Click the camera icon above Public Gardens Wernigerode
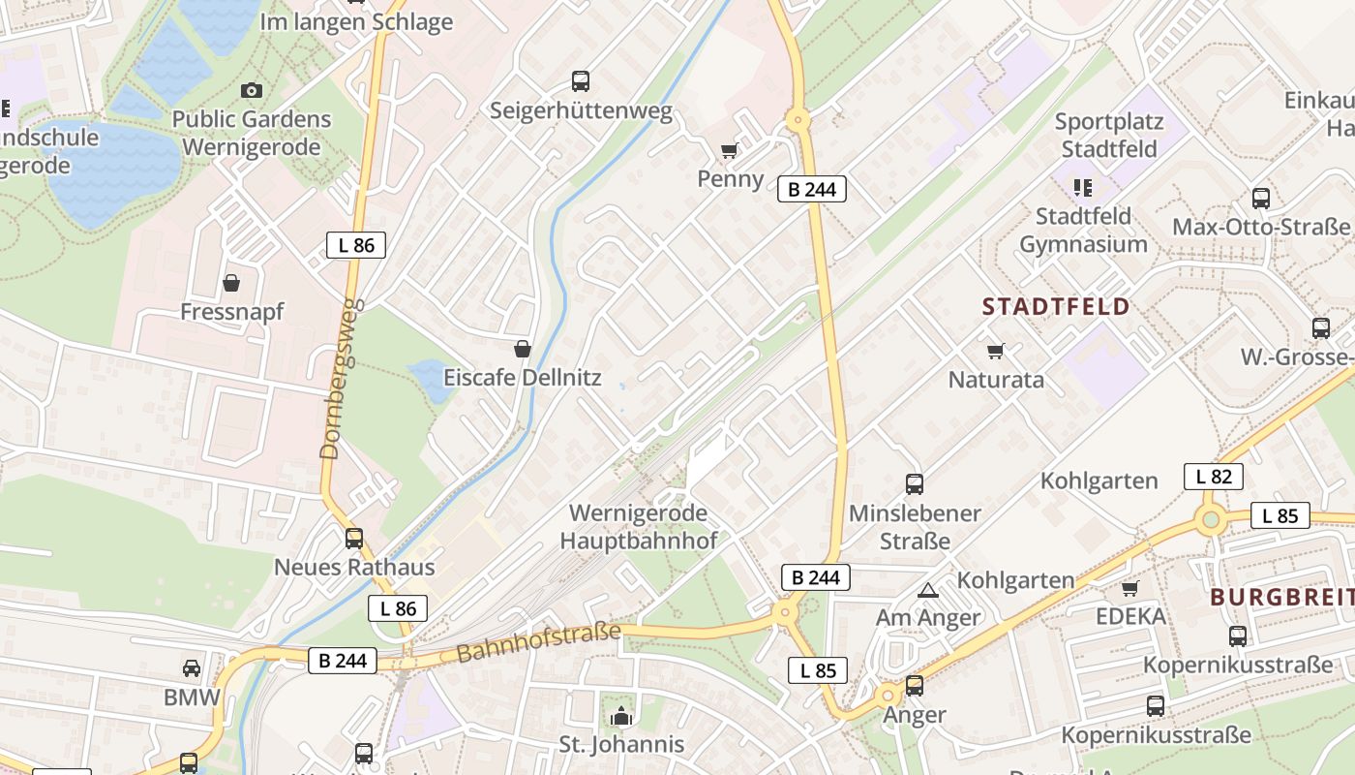pos(252,90)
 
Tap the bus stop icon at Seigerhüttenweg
pos(581,81)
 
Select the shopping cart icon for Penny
pos(730,150)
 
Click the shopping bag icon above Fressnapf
pos(231,283)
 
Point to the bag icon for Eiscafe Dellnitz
pos(523,349)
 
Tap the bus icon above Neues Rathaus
pos(354,539)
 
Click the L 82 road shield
pos(1214,477)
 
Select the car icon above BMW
pos(192,667)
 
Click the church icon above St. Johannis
pos(620,717)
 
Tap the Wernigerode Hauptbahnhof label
pos(639,526)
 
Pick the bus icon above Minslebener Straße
pos(915,484)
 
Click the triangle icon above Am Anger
pos(928,590)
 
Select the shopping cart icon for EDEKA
pos(1129,588)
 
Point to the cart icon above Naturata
pos(995,351)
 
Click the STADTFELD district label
pos(1056,307)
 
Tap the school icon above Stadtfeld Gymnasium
pos(1082,187)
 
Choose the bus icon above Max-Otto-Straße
pos(1260,199)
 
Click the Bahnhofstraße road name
pos(538,643)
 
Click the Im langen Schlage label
pos(357,21)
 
